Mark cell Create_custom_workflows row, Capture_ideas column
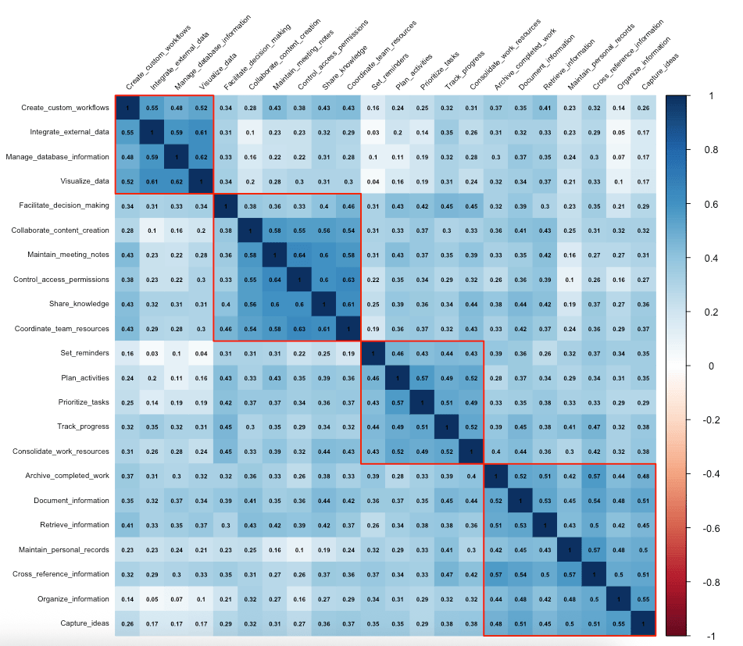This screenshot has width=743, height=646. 642,108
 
